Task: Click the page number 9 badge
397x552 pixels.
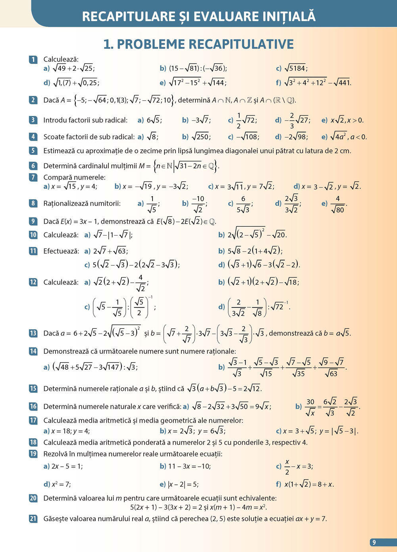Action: (x=374, y=542)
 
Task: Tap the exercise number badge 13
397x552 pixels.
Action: (x=33, y=333)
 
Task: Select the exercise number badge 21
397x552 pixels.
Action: (x=33, y=519)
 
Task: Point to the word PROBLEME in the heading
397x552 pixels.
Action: (x=154, y=44)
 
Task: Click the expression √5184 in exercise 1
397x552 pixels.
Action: (x=295, y=68)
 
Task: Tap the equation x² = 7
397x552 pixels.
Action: (x=61, y=484)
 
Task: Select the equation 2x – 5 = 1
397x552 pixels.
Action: (x=67, y=466)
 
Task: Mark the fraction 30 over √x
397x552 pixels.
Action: (x=310, y=407)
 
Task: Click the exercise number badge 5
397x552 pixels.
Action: (x=33, y=151)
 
